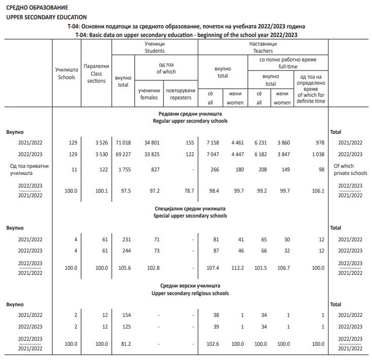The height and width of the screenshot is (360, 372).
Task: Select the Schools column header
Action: pos(66,74)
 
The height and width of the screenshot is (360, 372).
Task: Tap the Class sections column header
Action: pos(96,74)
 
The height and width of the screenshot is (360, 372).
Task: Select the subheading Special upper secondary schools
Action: pos(190,215)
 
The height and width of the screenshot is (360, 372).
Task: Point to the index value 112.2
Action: pos(237,267)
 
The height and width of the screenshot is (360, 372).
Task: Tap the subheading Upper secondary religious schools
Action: pos(190,293)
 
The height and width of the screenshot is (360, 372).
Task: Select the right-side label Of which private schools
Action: pos(350,169)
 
